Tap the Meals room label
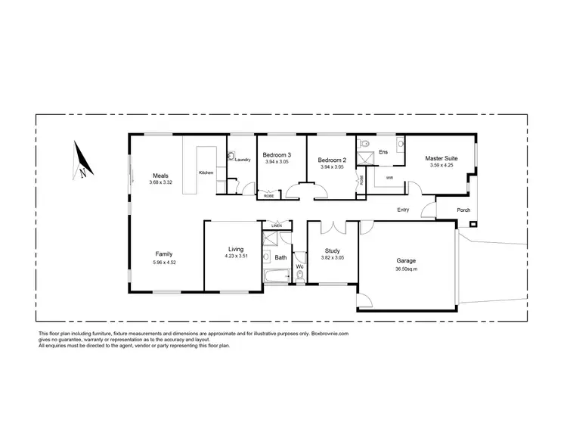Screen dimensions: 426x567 click(x=160, y=175)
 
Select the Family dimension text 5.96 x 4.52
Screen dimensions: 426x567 click(x=165, y=263)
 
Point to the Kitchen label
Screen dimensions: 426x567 click(x=206, y=173)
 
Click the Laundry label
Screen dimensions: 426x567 click(x=243, y=160)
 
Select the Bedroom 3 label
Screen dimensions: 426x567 click(x=278, y=155)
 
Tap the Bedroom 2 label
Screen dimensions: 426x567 click(x=331, y=160)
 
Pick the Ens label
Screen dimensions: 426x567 click(x=383, y=151)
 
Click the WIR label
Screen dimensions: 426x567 click(x=389, y=178)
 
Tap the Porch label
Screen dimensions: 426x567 click(x=463, y=210)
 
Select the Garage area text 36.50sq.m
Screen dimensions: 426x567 click(x=406, y=269)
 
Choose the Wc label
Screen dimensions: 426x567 click(x=300, y=266)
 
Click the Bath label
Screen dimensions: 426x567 click(x=280, y=258)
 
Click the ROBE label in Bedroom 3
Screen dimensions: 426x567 click(x=268, y=195)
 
